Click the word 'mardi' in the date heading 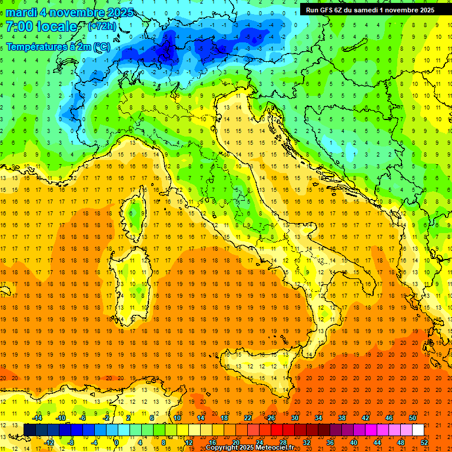pos(21,12)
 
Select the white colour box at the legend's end pos(418,430)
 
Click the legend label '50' pos(412,418)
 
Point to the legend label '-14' pos(36,418)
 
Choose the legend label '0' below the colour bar pos(117,442)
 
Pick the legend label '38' pos(341,418)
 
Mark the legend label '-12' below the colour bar pos(48,442)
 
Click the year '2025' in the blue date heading pos(117,12)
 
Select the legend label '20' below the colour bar pos(235,442)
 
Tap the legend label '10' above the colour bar pos(177,418)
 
